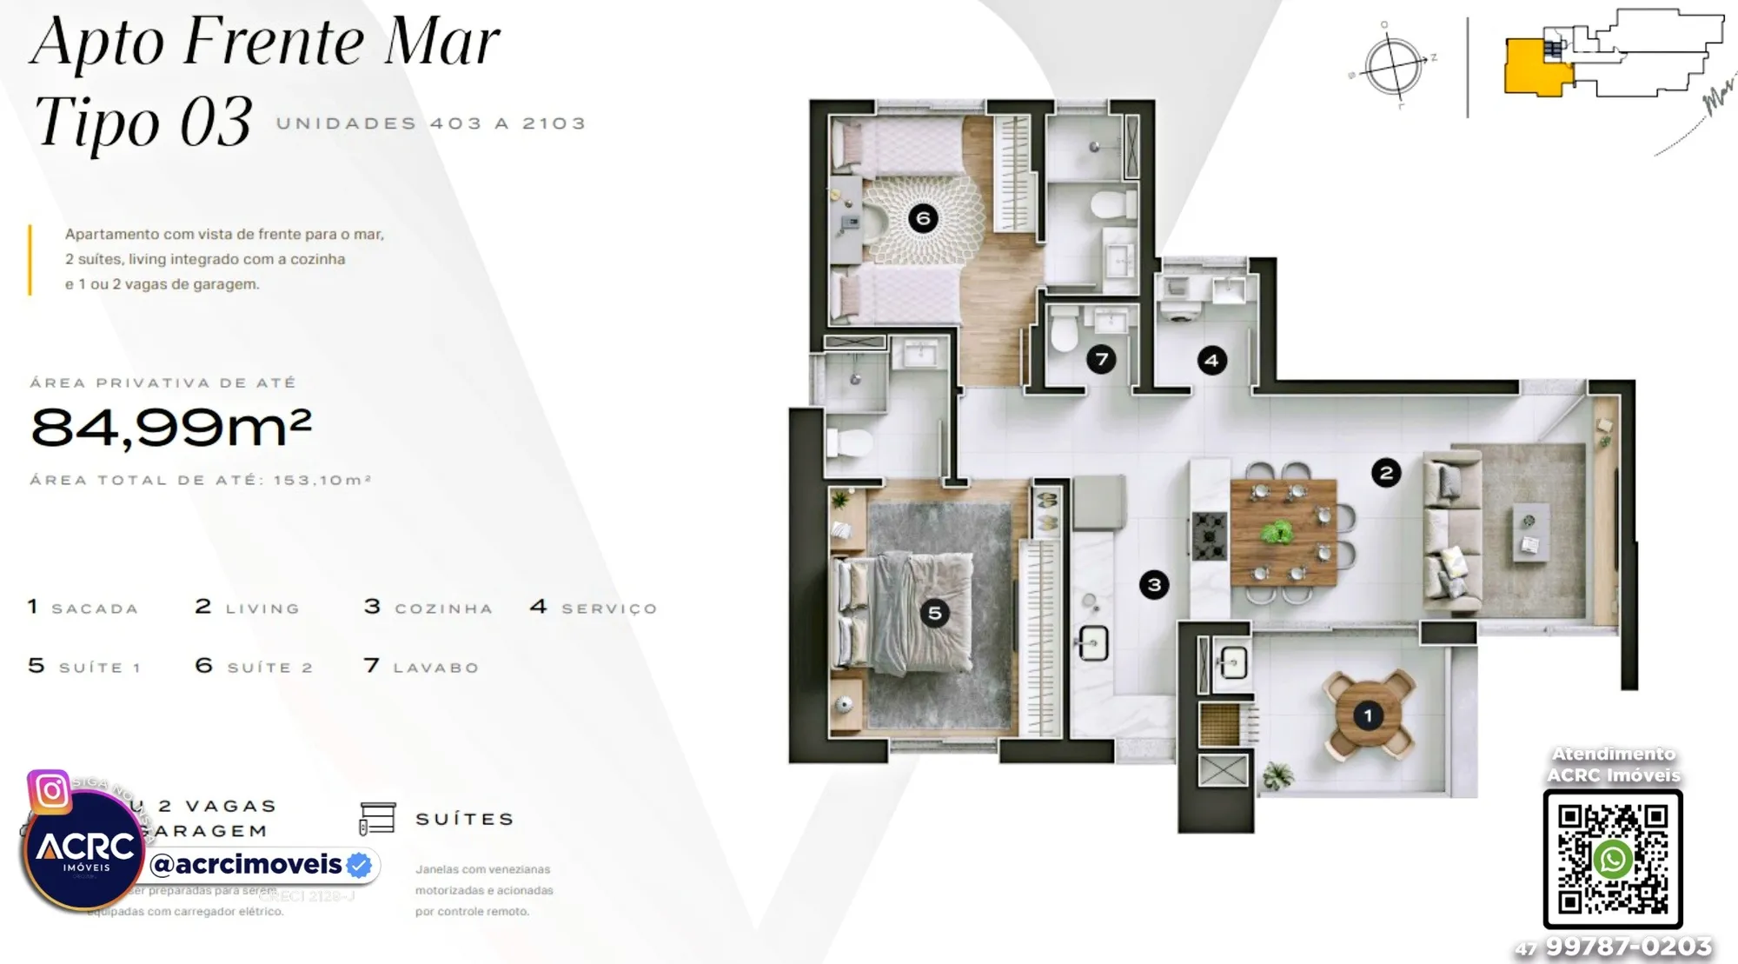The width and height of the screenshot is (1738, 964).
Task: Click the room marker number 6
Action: click(923, 218)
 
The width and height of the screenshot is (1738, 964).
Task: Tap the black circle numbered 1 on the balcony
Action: click(1368, 716)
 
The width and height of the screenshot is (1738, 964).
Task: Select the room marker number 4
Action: click(1211, 360)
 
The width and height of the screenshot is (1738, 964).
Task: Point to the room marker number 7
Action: click(1101, 359)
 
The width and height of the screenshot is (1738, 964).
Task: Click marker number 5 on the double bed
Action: click(934, 614)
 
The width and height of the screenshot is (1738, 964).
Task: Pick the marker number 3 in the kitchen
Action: click(1154, 585)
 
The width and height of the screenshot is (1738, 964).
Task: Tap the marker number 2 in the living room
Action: click(1386, 473)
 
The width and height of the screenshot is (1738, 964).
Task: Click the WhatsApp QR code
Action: click(1613, 859)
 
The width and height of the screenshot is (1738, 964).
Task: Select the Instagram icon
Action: click(50, 791)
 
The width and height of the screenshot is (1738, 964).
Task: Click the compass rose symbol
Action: click(1393, 65)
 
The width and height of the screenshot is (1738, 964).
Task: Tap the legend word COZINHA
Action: click(443, 608)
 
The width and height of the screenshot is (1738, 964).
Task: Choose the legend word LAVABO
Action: click(435, 668)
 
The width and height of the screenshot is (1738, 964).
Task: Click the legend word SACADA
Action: click(95, 608)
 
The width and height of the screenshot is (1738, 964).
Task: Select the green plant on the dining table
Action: click(1277, 531)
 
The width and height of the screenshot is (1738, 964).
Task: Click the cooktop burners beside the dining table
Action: click(1209, 535)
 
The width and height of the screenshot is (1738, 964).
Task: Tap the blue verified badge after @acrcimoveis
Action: click(359, 865)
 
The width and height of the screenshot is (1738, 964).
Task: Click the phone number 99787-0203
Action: click(1628, 947)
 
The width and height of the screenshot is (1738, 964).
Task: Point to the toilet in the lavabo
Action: click(1065, 331)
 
